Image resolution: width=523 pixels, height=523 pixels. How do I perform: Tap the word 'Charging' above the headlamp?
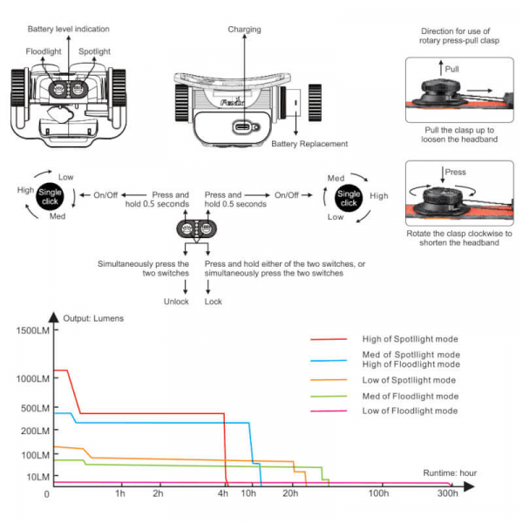tap(244, 29)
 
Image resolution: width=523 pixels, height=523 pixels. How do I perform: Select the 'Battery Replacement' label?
tap(309, 144)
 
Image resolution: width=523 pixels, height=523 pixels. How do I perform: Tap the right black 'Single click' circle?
tap(349, 197)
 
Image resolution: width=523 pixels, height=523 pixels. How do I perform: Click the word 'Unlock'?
tap(176, 302)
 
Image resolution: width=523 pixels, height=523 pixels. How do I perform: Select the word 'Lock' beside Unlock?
tap(214, 302)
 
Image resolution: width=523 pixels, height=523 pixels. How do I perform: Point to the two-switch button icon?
tap(196, 231)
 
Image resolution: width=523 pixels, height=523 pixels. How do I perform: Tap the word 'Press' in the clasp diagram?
tap(456, 173)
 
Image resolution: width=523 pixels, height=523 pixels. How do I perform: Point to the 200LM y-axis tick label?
tap(31, 431)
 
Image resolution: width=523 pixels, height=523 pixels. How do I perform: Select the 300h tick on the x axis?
tap(448, 494)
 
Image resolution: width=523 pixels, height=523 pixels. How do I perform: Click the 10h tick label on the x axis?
tap(248, 494)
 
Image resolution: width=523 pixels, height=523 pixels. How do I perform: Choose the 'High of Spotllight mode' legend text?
tap(410, 338)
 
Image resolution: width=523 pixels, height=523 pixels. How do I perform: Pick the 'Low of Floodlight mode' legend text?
tap(409, 411)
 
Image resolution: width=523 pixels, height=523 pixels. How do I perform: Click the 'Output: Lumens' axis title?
tap(93, 318)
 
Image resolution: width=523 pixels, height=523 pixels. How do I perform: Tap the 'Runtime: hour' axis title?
tap(451, 472)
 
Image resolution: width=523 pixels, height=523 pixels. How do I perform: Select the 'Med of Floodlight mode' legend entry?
tap(410, 396)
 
